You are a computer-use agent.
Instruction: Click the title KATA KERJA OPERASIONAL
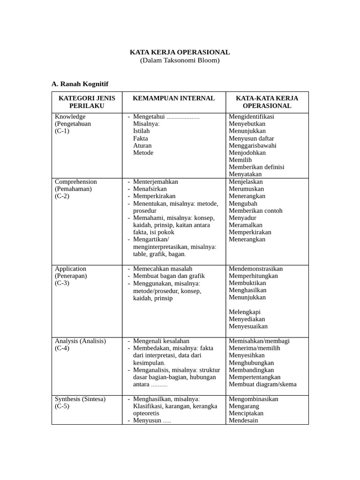[180, 52]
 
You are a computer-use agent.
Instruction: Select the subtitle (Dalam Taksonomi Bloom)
[180, 60]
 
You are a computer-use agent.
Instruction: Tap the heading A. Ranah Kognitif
[80, 84]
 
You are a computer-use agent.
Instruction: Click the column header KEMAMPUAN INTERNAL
[173, 98]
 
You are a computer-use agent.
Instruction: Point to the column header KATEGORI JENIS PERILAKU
[87, 102]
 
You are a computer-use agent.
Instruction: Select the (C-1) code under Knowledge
[62, 131]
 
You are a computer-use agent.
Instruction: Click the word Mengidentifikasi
[251, 117]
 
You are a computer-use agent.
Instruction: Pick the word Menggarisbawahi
[252, 146]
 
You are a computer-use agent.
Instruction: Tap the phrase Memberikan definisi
[256, 167]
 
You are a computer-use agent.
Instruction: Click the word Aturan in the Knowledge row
[142, 146]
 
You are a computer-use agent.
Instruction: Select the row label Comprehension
[76, 182]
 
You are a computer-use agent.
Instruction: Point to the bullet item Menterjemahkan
[155, 182]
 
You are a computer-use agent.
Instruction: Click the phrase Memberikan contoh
[255, 211]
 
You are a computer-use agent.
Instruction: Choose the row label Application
[70, 269]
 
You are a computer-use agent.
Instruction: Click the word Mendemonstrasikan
[255, 269]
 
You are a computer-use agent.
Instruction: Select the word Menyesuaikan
[248, 327]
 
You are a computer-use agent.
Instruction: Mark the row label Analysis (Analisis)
[80, 341]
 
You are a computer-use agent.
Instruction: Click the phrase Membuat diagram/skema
[262, 384]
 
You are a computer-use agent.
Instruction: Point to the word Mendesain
[243, 420]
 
